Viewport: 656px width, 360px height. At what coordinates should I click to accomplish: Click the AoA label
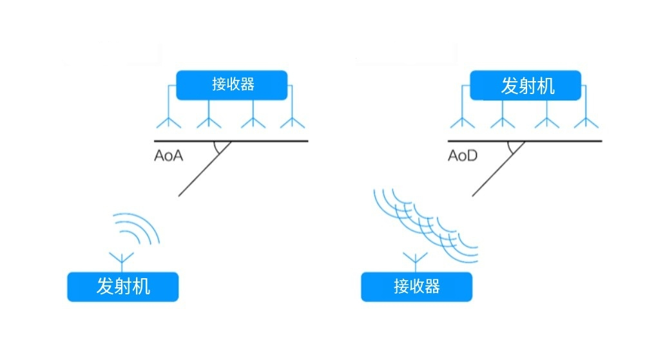tap(169, 155)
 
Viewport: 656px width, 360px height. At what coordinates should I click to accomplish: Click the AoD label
tap(463, 155)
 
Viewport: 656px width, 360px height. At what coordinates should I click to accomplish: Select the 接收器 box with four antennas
tap(232, 84)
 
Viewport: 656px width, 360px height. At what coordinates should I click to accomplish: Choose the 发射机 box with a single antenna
tap(122, 286)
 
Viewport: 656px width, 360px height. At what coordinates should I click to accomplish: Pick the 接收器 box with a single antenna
tap(416, 287)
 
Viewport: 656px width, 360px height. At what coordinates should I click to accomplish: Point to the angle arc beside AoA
tap(221, 148)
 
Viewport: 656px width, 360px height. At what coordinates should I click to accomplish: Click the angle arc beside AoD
tap(514, 148)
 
